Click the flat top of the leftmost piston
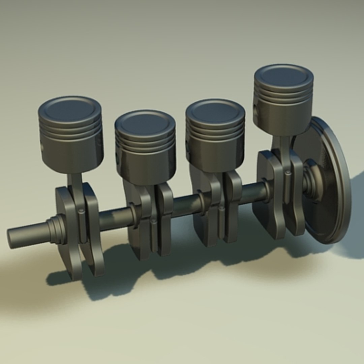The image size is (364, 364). pyautogui.click(x=70, y=110)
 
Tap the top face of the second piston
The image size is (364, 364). pyautogui.click(x=145, y=122)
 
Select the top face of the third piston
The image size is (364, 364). pyautogui.click(x=215, y=111)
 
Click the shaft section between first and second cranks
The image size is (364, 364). pyautogui.click(x=115, y=219)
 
